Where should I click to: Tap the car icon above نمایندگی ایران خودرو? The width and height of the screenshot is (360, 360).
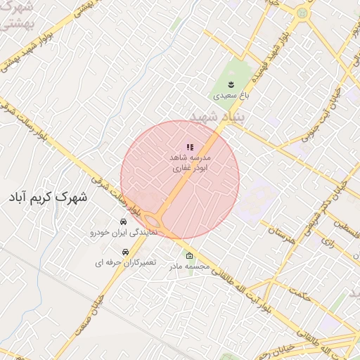[x=124, y=221]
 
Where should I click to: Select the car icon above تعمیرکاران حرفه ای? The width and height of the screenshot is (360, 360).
[x=126, y=252]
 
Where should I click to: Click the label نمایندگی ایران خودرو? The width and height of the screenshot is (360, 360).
[x=124, y=231]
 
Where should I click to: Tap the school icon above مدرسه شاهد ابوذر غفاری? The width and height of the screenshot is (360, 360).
[x=190, y=147]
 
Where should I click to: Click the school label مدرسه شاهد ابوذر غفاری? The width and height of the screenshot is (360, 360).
[x=190, y=163]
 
